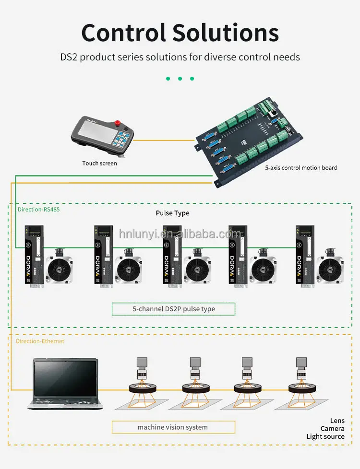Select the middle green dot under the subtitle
(x=180, y=79)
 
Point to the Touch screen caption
(x=99, y=163)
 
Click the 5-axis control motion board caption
(x=301, y=168)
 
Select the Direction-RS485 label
(x=38, y=210)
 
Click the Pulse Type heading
(x=172, y=213)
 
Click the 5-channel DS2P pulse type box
(x=173, y=309)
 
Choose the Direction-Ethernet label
(x=40, y=341)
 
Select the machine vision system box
(x=173, y=427)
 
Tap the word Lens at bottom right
(x=337, y=421)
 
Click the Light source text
(x=325, y=436)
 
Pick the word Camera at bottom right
(x=332, y=428)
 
